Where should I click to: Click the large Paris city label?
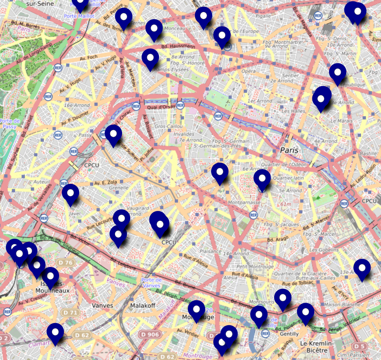(289, 150)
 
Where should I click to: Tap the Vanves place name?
(103, 306)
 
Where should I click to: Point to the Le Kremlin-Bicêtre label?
(316, 347)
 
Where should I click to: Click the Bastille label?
(368, 153)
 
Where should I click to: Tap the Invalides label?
(184, 134)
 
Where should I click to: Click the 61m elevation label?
(286, 204)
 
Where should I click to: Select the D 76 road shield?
(66, 263)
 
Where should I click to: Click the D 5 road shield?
(358, 346)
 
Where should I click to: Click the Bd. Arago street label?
(278, 240)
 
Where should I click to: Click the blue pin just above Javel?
(70, 194)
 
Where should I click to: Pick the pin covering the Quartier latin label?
(262, 179)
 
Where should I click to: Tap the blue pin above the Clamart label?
(55, 333)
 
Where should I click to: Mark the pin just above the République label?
(338, 73)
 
